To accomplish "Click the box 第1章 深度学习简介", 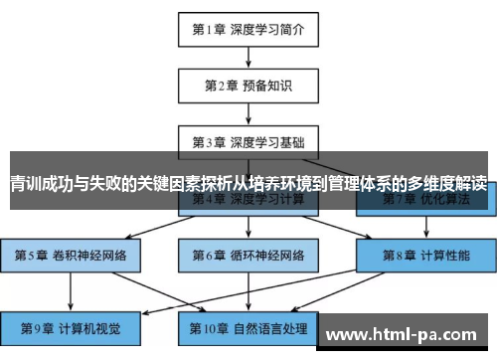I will click(x=248, y=29).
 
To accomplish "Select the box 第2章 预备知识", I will click(x=248, y=85).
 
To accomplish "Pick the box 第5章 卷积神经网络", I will click(x=71, y=256).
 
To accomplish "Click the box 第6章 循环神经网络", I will click(x=248, y=256).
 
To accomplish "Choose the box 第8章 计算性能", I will click(x=424, y=256).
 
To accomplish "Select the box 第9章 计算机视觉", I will click(x=71, y=328).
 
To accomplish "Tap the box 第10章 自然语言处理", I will click(x=248, y=328).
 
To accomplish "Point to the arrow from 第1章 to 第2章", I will click(x=248, y=57).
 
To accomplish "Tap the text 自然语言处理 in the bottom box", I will click(x=269, y=328).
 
